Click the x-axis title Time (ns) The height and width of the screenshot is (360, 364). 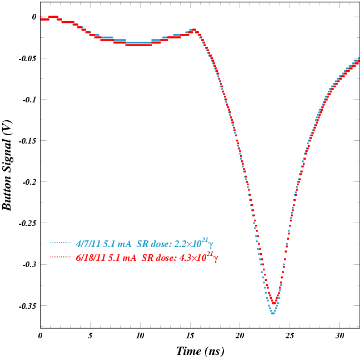[200, 351]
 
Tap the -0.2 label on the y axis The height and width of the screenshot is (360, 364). [27, 182]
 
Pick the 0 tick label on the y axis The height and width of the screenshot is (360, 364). [34, 17]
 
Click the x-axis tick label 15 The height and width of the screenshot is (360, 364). [190, 336]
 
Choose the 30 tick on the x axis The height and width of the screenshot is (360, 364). [340, 336]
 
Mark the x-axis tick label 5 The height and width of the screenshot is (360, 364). [90, 336]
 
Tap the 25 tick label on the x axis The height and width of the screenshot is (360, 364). [290, 336]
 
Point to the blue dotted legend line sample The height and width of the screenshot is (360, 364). [61, 243]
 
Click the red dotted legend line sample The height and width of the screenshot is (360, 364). [61, 257]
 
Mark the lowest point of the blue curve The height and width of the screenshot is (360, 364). [273, 313]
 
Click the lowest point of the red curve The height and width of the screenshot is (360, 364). [274, 303]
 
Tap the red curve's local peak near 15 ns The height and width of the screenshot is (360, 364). [193, 29]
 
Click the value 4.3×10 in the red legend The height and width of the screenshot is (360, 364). [187, 259]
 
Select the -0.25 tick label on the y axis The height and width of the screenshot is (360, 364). [25, 223]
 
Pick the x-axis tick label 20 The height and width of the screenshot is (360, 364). [240, 336]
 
